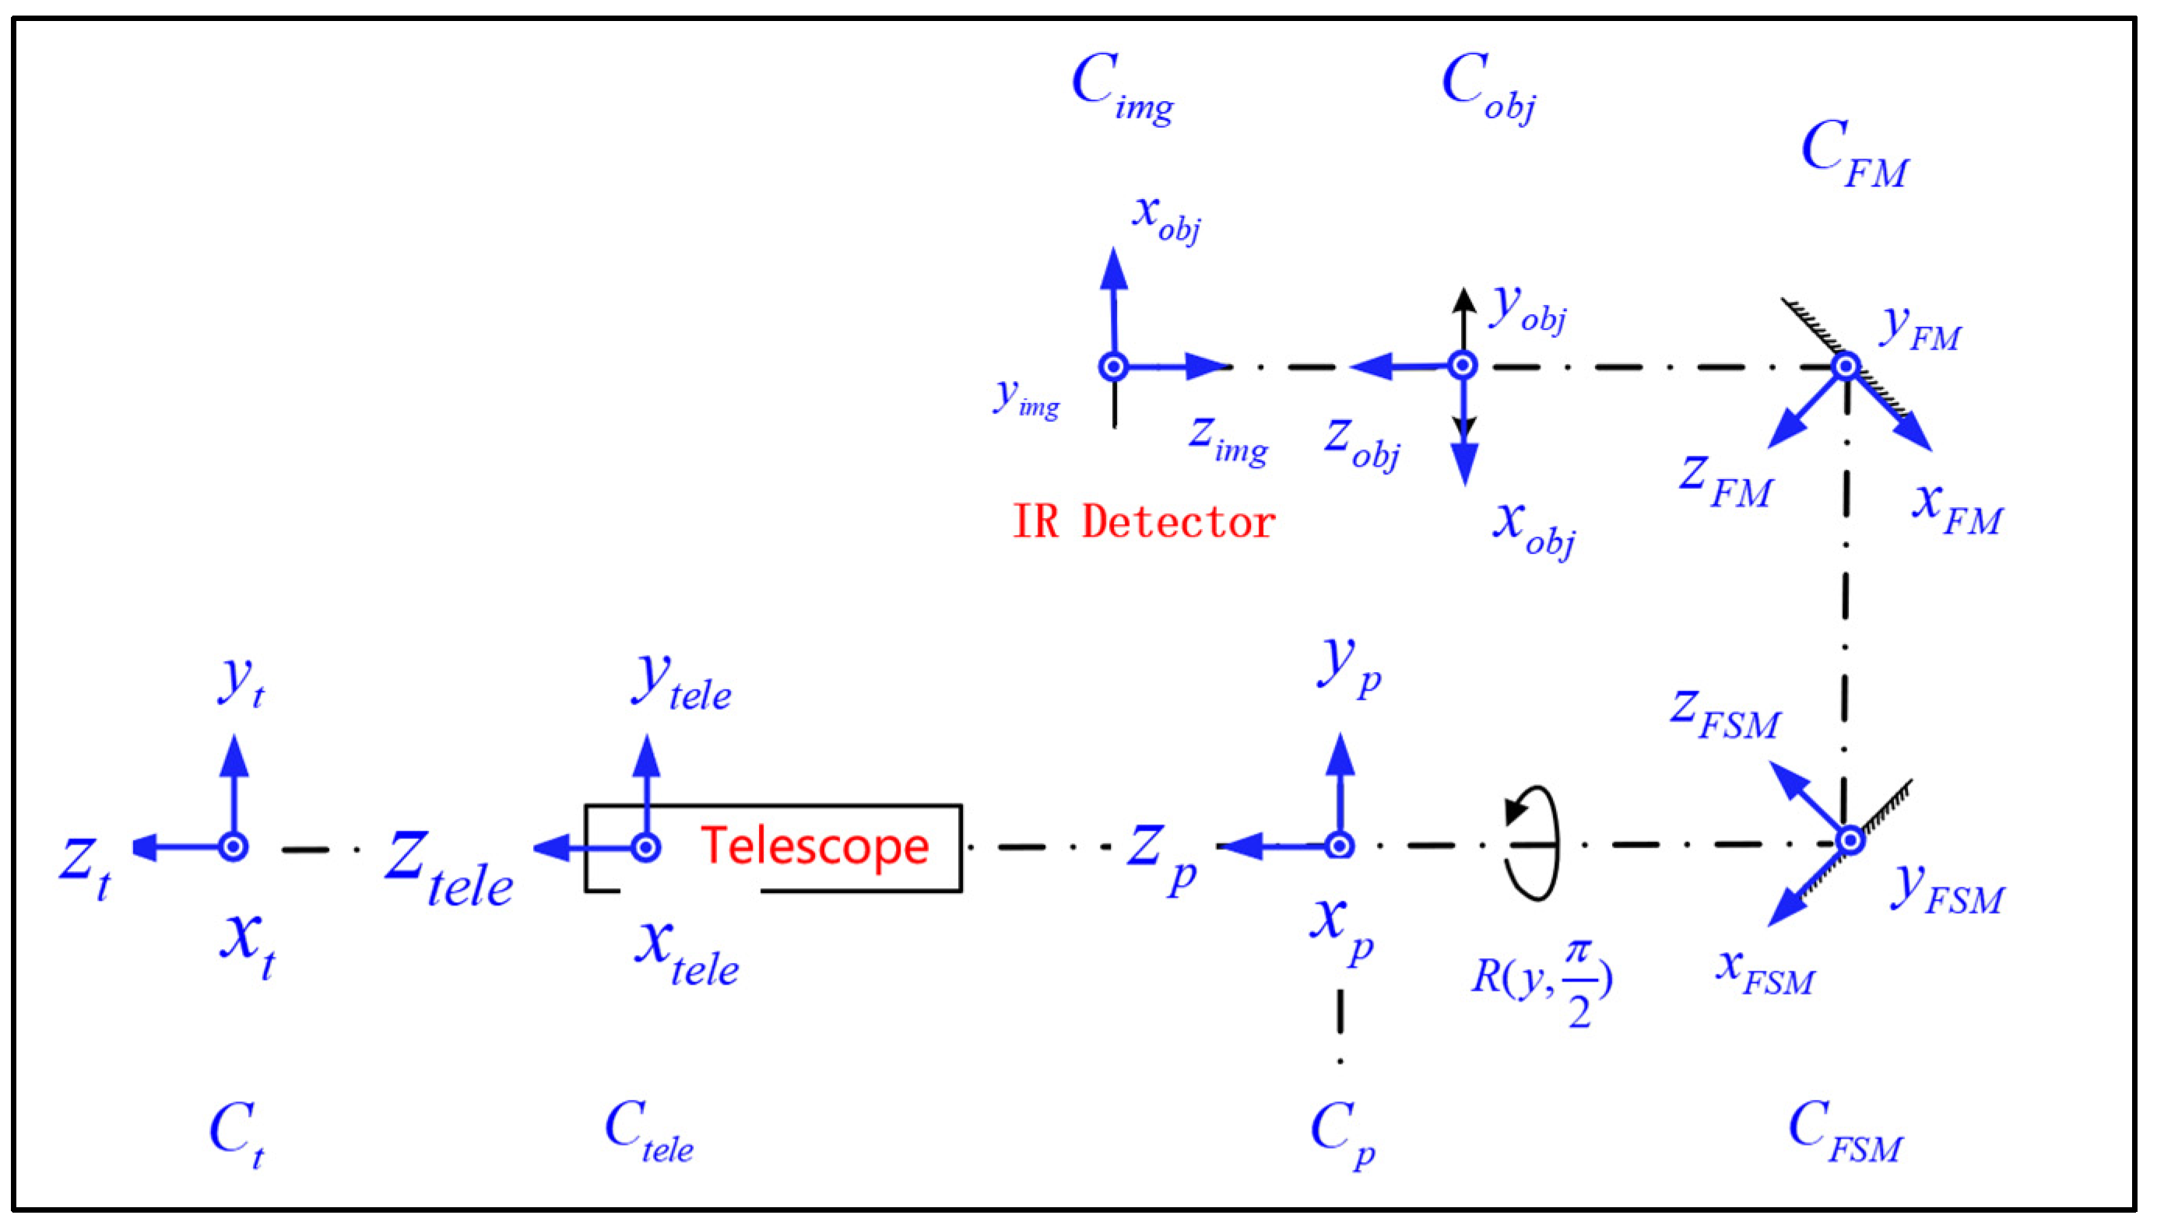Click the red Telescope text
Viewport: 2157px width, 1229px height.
click(814, 846)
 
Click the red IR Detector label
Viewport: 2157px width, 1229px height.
click(1143, 521)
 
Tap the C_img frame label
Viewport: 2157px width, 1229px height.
click(1121, 87)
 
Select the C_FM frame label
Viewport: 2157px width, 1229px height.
click(1853, 155)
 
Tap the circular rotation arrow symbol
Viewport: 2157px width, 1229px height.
click(1533, 843)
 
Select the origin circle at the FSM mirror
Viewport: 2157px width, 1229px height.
click(1850, 841)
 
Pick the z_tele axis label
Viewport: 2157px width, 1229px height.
click(448, 870)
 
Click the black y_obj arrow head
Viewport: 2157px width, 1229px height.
click(1463, 299)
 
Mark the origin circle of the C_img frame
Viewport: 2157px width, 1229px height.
click(1114, 366)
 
